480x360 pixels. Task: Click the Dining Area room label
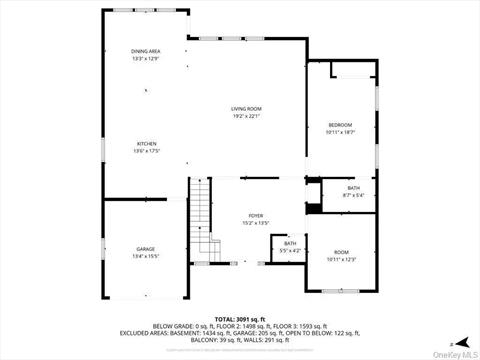click(146, 51)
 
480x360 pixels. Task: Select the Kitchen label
click(146, 144)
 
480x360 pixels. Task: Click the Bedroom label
click(341, 125)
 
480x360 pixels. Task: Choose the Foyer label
click(256, 216)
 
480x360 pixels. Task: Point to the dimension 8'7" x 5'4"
click(354, 195)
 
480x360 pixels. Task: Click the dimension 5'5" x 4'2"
click(290, 250)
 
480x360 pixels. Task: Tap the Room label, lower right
click(341, 252)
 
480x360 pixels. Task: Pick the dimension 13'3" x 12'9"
click(146, 58)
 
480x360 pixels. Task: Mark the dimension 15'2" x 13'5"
click(256, 223)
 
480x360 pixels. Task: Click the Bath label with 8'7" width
click(354, 188)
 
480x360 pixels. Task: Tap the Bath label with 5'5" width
click(290, 243)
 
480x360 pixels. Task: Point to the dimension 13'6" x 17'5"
click(146, 151)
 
